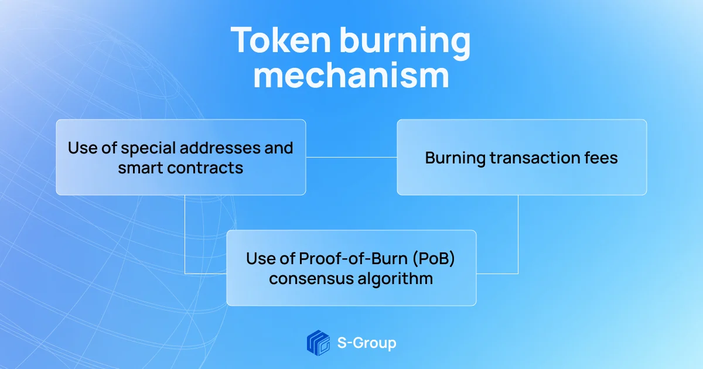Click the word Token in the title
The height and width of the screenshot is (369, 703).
pos(281,40)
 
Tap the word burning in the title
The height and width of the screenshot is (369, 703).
pos(405,43)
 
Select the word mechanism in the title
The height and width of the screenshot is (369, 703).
pos(351,76)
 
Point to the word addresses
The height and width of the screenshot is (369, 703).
pos(225,148)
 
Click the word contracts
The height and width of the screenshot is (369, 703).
pos(205,168)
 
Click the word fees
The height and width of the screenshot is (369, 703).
pos(601,158)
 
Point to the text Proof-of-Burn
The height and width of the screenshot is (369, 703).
pos(353,258)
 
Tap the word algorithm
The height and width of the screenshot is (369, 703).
pos(395,279)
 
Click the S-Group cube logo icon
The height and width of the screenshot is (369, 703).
pos(318,343)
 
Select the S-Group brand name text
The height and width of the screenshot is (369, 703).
pos(367,343)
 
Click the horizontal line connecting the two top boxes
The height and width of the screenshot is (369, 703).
pos(351,157)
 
